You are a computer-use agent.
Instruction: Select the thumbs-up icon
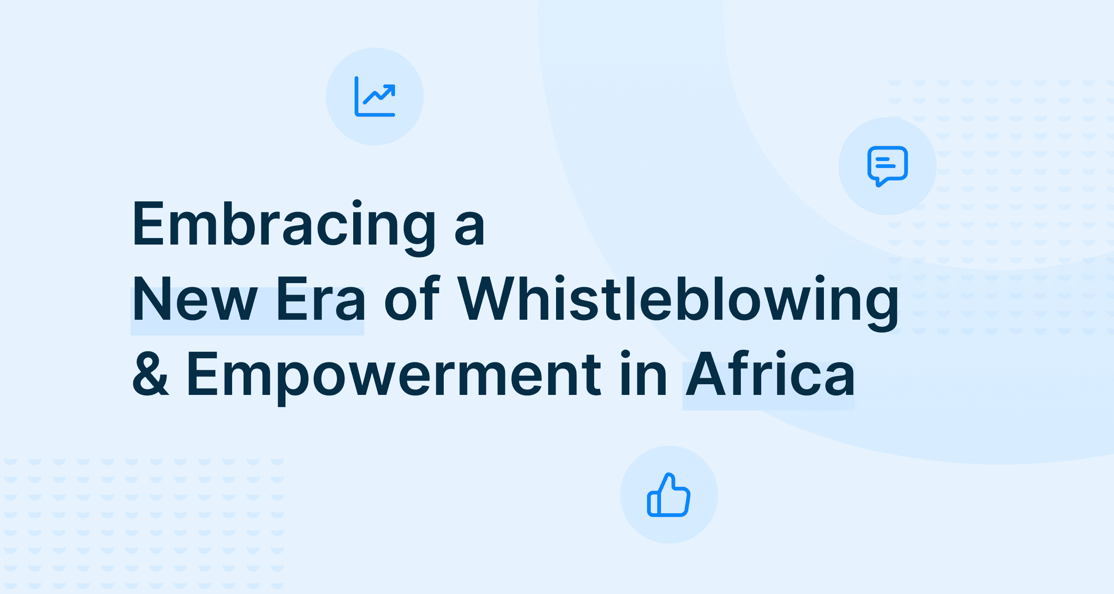click(x=669, y=495)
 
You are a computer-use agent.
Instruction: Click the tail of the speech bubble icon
click(x=880, y=182)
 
